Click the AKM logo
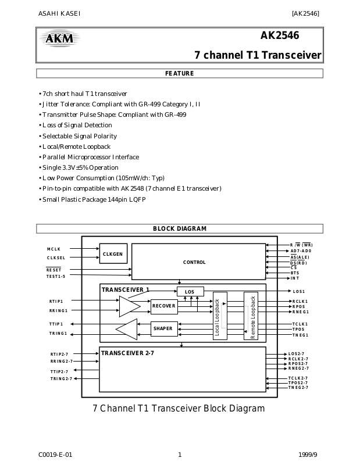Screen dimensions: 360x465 point(60,38)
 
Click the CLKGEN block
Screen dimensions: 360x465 point(113,253)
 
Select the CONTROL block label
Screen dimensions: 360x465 point(194,262)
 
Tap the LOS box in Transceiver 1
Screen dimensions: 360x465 point(190,292)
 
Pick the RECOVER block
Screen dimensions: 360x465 point(164,306)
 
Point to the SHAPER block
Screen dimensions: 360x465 point(164,328)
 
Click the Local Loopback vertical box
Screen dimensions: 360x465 point(220,316)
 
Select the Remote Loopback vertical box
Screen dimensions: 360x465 point(251,316)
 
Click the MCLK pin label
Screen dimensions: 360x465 point(54,249)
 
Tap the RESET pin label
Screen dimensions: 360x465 point(54,270)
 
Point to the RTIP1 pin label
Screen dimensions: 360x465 point(56,301)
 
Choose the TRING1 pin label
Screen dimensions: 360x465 point(58,333)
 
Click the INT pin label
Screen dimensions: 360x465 point(295,278)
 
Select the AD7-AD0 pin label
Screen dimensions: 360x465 point(301,251)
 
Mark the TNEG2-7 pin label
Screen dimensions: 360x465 point(298,387)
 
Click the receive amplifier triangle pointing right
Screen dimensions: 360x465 point(129,306)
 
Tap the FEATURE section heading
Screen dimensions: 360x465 point(180,73)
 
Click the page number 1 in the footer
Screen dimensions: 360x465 point(180,455)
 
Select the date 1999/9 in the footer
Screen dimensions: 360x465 point(308,455)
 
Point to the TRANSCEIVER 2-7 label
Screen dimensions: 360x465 point(127,353)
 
